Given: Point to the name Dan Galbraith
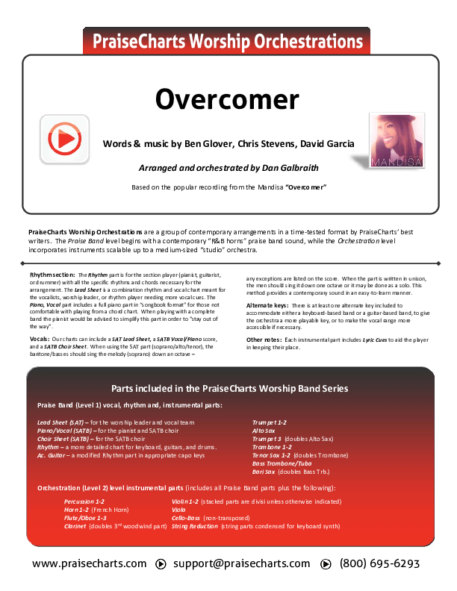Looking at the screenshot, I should pos(290,169).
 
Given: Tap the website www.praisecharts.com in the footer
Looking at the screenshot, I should pos(90,564).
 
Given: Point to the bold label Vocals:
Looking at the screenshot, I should pos(40,339).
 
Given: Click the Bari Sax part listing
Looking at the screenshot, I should pos(267,472).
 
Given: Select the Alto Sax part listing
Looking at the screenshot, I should pos(264,431).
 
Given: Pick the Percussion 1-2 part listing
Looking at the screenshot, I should pos(84,501).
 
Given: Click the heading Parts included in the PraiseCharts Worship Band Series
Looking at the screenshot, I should pos(229,389).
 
